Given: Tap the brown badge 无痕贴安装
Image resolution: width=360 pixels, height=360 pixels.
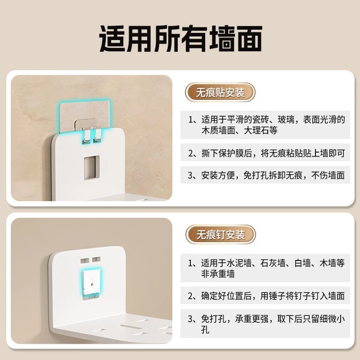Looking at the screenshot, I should [220, 93].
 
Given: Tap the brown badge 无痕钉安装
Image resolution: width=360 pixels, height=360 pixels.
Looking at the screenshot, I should [220, 234].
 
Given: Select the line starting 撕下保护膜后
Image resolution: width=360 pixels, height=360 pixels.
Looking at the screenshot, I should [267, 153].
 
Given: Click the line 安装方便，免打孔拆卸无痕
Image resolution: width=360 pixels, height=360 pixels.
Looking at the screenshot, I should [267, 175].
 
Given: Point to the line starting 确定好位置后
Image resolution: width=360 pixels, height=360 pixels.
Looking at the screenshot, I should [267, 296].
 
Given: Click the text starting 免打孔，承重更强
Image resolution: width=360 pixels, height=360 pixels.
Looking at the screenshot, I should [267, 319].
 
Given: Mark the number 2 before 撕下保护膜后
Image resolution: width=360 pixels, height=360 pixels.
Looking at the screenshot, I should [192, 153].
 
